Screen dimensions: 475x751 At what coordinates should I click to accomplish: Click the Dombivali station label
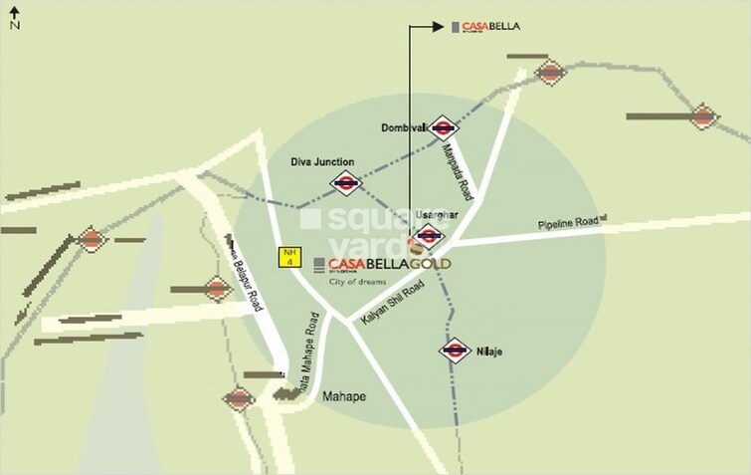[403, 128]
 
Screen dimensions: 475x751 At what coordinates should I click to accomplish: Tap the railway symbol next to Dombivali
[444, 128]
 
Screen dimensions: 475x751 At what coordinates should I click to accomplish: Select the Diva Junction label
[322, 161]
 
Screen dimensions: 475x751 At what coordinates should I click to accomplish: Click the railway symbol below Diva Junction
[346, 183]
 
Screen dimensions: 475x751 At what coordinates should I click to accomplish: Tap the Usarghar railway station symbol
[429, 236]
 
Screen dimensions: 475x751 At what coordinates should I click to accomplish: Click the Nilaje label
[488, 350]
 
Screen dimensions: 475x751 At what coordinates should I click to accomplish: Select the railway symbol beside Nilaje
[455, 350]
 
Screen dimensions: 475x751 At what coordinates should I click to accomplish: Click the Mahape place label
[343, 395]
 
